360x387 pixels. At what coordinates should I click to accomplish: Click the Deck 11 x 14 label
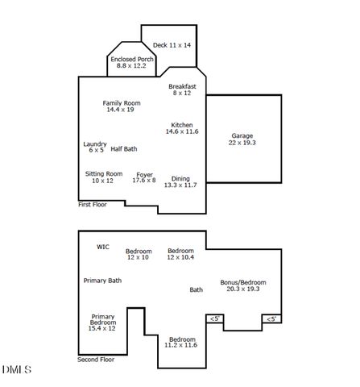click(x=172, y=45)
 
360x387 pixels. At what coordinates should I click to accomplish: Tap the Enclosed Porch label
click(x=132, y=62)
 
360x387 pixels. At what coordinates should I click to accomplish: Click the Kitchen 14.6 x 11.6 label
click(x=182, y=127)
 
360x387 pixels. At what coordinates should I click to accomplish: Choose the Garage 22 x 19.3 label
click(x=242, y=139)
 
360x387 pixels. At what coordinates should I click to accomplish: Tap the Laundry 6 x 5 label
click(x=95, y=147)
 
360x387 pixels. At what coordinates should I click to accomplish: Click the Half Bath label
click(x=124, y=148)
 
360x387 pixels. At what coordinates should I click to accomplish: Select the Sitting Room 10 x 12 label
click(x=104, y=177)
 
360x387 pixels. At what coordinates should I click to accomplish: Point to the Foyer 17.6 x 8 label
click(x=144, y=177)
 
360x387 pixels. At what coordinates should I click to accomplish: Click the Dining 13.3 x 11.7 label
click(x=180, y=181)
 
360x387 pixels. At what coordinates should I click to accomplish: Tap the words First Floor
click(x=93, y=205)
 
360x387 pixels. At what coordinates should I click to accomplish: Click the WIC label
click(x=103, y=247)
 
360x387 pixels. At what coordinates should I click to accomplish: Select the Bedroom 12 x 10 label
click(x=139, y=254)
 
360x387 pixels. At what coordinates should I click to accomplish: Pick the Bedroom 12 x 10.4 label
click(x=180, y=253)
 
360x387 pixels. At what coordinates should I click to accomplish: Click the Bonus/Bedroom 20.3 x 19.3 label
click(x=243, y=285)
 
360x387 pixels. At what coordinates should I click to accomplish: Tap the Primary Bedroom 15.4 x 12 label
click(x=102, y=322)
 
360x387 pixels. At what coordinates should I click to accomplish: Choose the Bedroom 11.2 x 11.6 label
click(x=180, y=342)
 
